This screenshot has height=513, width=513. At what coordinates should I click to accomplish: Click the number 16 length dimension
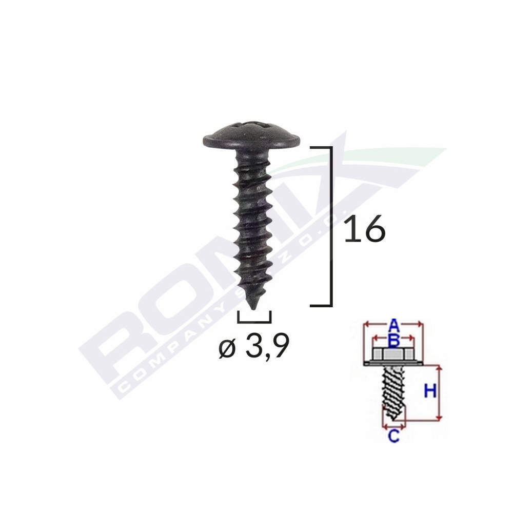coord(365,228)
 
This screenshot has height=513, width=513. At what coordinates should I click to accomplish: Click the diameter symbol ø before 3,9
coord(227,349)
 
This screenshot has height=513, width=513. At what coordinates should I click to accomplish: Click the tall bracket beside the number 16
coord(330,226)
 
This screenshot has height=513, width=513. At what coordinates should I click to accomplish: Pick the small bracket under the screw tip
coord(254,321)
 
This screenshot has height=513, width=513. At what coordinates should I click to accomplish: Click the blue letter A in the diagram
coord(393,325)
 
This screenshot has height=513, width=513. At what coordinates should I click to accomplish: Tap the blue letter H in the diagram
coord(430,392)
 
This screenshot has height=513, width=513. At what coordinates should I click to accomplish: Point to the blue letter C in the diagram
coord(393,437)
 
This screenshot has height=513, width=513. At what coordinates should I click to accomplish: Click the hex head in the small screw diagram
coord(392,354)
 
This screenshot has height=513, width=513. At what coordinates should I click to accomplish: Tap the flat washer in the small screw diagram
coord(392,364)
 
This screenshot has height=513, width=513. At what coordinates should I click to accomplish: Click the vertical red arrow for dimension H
coord(440,392)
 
